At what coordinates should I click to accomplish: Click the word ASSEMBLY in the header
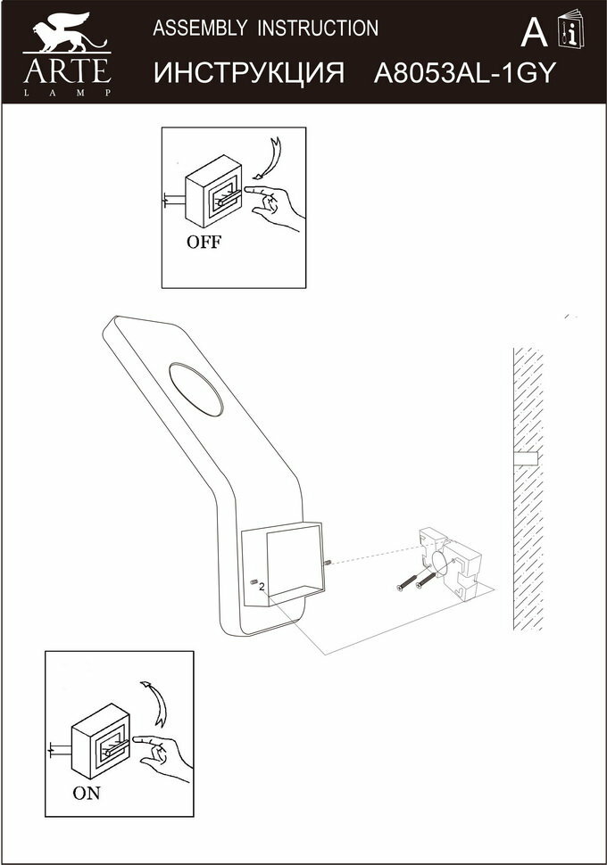coord(201,29)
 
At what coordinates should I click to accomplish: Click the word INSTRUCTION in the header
coord(318,29)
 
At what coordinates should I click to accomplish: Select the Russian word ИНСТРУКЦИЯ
coord(249,73)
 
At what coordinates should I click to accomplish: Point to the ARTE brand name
coord(67,70)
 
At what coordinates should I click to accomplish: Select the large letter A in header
coord(533,34)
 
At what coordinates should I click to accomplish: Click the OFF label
coord(204,242)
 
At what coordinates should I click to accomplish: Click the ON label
coord(87,794)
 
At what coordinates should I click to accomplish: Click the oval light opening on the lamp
coord(197,389)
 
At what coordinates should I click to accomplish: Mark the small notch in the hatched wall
coord(527,460)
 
